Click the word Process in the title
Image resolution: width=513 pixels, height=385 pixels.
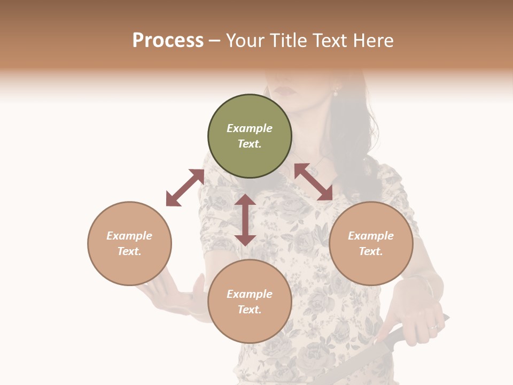point(168,41)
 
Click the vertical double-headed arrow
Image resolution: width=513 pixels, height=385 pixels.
point(245,220)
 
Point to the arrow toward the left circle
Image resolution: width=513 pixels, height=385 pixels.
point(185,187)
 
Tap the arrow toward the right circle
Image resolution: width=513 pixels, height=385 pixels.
point(313,182)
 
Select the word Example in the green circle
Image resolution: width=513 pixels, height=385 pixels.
point(250,128)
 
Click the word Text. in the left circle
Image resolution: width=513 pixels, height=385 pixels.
point(129,251)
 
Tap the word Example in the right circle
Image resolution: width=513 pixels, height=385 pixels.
point(371,236)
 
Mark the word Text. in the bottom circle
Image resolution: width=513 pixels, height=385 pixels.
point(250,310)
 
